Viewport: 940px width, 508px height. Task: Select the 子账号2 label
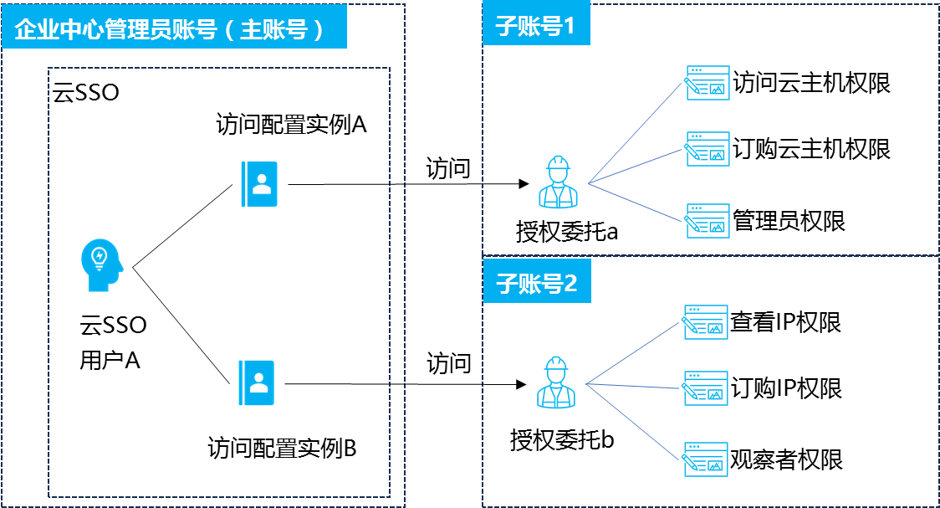[x=536, y=284]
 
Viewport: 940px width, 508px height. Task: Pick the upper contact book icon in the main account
[x=259, y=184]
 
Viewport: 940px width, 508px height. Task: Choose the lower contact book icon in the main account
[x=257, y=382]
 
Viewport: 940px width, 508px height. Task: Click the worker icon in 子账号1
[x=558, y=182]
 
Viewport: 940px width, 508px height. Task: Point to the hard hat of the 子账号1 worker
[x=558, y=162]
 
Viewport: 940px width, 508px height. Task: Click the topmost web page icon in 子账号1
[x=708, y=83]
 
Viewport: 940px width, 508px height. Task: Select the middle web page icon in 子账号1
[x=708, y=149]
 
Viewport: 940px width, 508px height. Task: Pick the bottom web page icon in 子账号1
[x=708, y=221]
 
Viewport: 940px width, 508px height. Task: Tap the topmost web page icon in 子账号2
[x=706, y=322]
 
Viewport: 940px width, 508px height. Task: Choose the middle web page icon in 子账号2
[x=706, y=388]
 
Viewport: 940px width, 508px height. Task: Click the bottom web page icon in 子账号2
[x=706, y=459]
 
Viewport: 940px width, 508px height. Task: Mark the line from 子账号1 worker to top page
[x=636, y=132]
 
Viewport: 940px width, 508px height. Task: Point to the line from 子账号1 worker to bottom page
[x=636, y=202]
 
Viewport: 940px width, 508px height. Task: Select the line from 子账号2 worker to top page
[x=634, y=353]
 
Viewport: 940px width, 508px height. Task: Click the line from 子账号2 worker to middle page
[x=634, y=386]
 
